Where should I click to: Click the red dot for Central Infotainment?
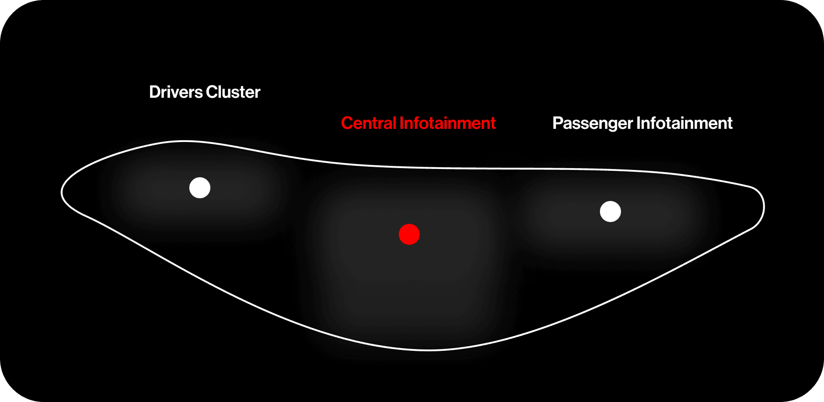pos(409,234)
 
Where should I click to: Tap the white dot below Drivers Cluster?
pos(200,188)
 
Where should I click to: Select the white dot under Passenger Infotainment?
pos(610,212)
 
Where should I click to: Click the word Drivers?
pos(176,92)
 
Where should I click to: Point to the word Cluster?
pos(233,92)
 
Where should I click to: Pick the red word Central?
pos(369,123)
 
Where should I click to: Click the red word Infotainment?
pos(448,123)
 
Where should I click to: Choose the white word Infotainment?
pos(685,123)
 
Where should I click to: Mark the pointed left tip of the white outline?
pos(62,192)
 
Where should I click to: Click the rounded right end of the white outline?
pos(763,207)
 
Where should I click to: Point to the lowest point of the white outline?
pos(429,350)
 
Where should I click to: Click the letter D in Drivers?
pos(155,92)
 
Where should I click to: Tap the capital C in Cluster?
pos(211,92)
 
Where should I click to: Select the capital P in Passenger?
pos(557,123)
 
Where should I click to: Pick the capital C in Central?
pos(347,123)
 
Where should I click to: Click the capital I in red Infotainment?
pos(401,123)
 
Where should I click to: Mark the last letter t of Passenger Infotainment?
pos(730,124)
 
